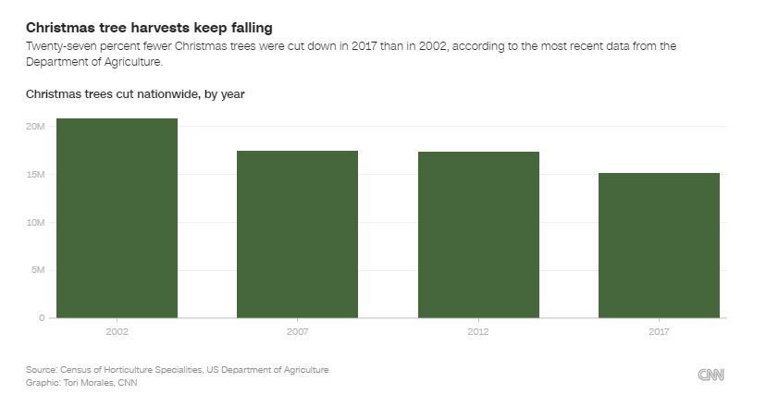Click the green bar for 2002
pos(117,218)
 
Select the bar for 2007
pos(297,234)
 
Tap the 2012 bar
pos(478,235)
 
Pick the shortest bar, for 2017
pos(659,245)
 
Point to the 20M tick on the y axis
pos(36,127)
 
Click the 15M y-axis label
pos(36,175)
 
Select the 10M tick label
pos(36,223)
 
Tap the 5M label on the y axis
pos(38,270)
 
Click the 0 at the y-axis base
pos(41,318)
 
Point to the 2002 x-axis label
pos(117,330)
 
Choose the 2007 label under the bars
pos(297,330)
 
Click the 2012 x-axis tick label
pos(478,330)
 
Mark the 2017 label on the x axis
pos(659,330)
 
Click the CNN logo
pos(710,375)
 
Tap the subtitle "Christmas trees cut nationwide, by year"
pos(135,94)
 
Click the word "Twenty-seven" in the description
pos(57,46)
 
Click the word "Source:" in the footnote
pos(42,370)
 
